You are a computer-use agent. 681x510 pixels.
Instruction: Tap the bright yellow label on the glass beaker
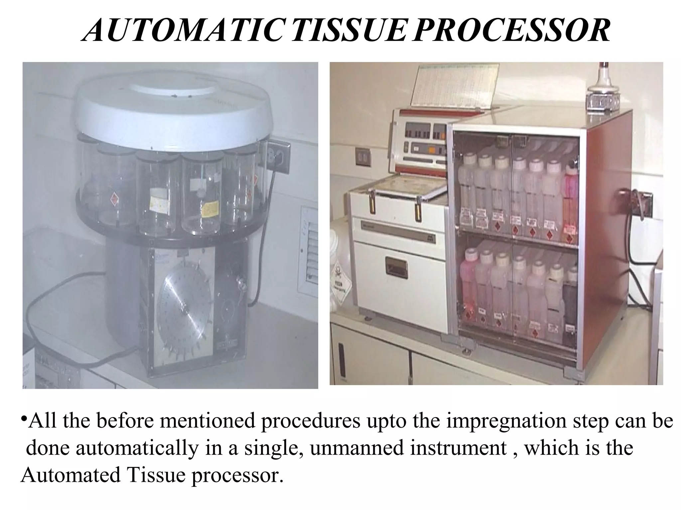211,210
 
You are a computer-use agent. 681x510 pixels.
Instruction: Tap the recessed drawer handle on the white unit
396,266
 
